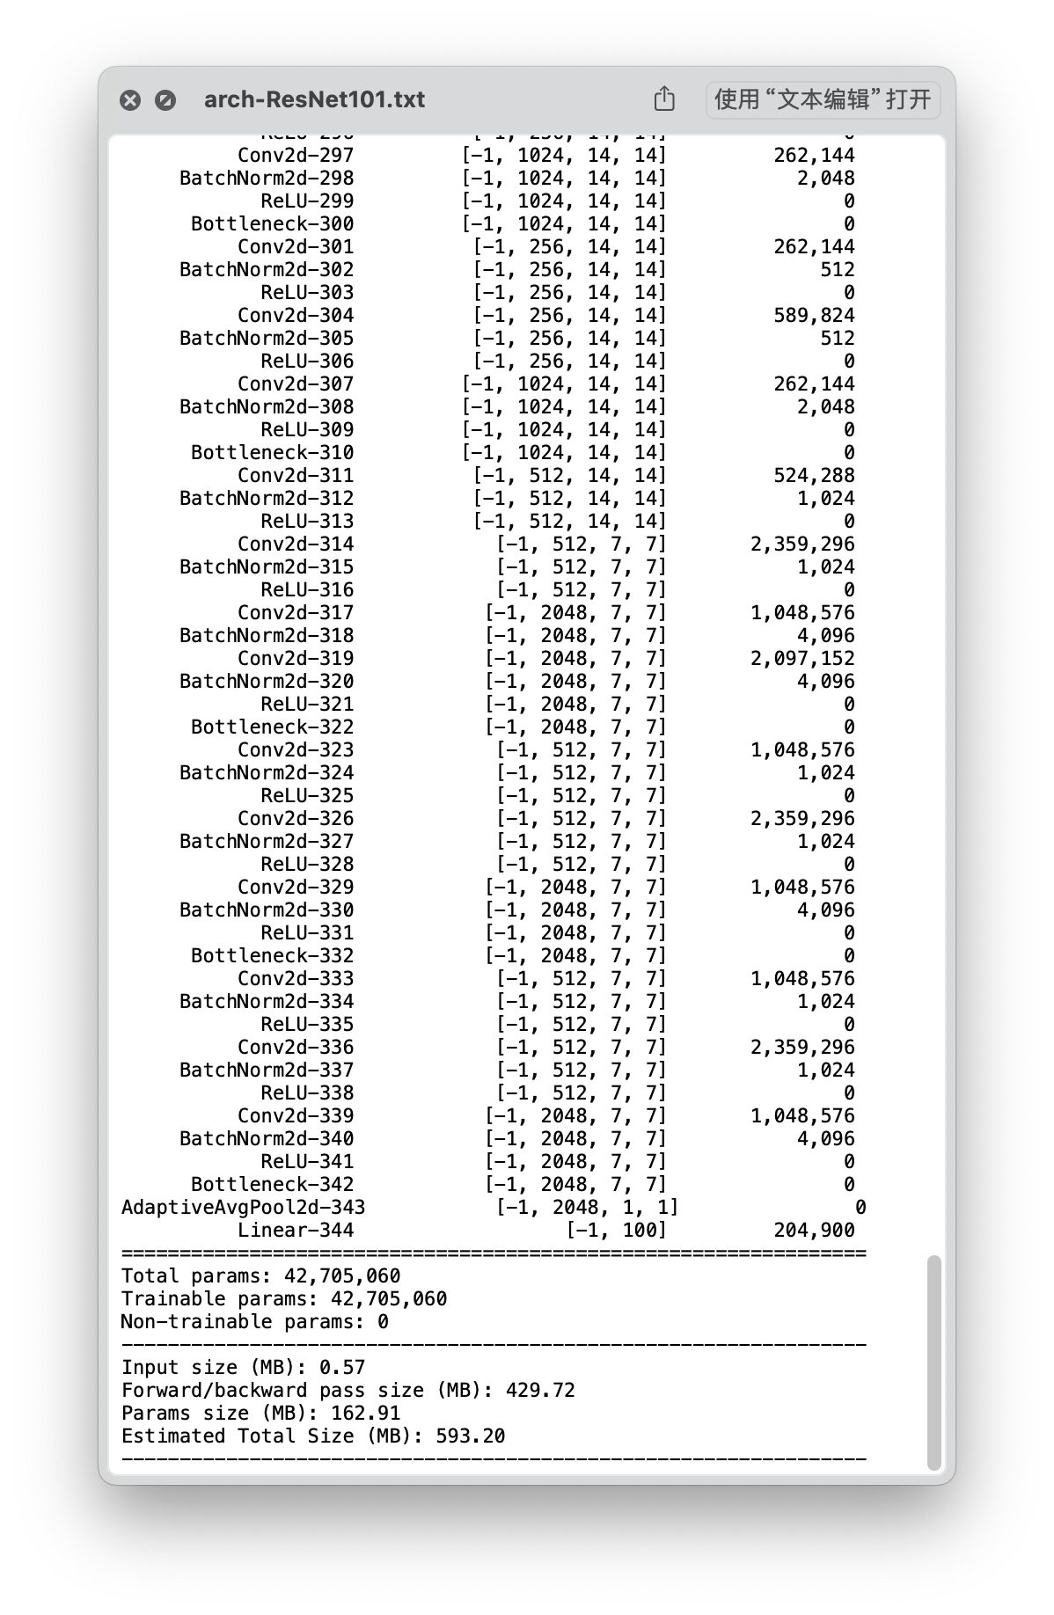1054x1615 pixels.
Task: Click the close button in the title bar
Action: [x=130, y=100]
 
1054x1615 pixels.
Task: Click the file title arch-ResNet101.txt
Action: [x=314, y=99]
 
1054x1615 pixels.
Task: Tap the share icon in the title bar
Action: [x=664, y=99]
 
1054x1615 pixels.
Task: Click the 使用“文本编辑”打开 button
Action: [x=823, y=99]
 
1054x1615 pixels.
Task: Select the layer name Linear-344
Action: [x=296, y=1230]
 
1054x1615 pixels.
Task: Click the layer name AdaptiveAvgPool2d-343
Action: [x=243, y=1207]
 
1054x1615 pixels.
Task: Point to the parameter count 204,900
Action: [x=814, y=1230]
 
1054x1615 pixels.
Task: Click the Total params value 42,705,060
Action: [x=342, y=1275]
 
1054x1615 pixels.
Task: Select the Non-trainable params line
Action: [x=254, y=1321]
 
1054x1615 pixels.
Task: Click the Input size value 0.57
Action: [x=342, y=1367]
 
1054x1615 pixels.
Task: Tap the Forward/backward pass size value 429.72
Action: [x=540, y=1390]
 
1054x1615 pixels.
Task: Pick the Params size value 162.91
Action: [x=365, y=1413]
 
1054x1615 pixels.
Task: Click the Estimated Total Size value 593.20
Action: [x=470, y=1436]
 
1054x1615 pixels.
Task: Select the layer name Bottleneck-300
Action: [x=273, y=223]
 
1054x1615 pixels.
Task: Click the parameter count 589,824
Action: [x=814, y=315]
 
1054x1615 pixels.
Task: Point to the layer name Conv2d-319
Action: [x=296, y=658]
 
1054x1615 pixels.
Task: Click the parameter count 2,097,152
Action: [x=802, y=658]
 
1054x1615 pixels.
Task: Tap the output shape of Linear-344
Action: [x=616, y=1230]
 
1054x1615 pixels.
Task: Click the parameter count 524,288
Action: [x=814, y=475]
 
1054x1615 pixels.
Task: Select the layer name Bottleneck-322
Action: [x=273, y=727]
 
